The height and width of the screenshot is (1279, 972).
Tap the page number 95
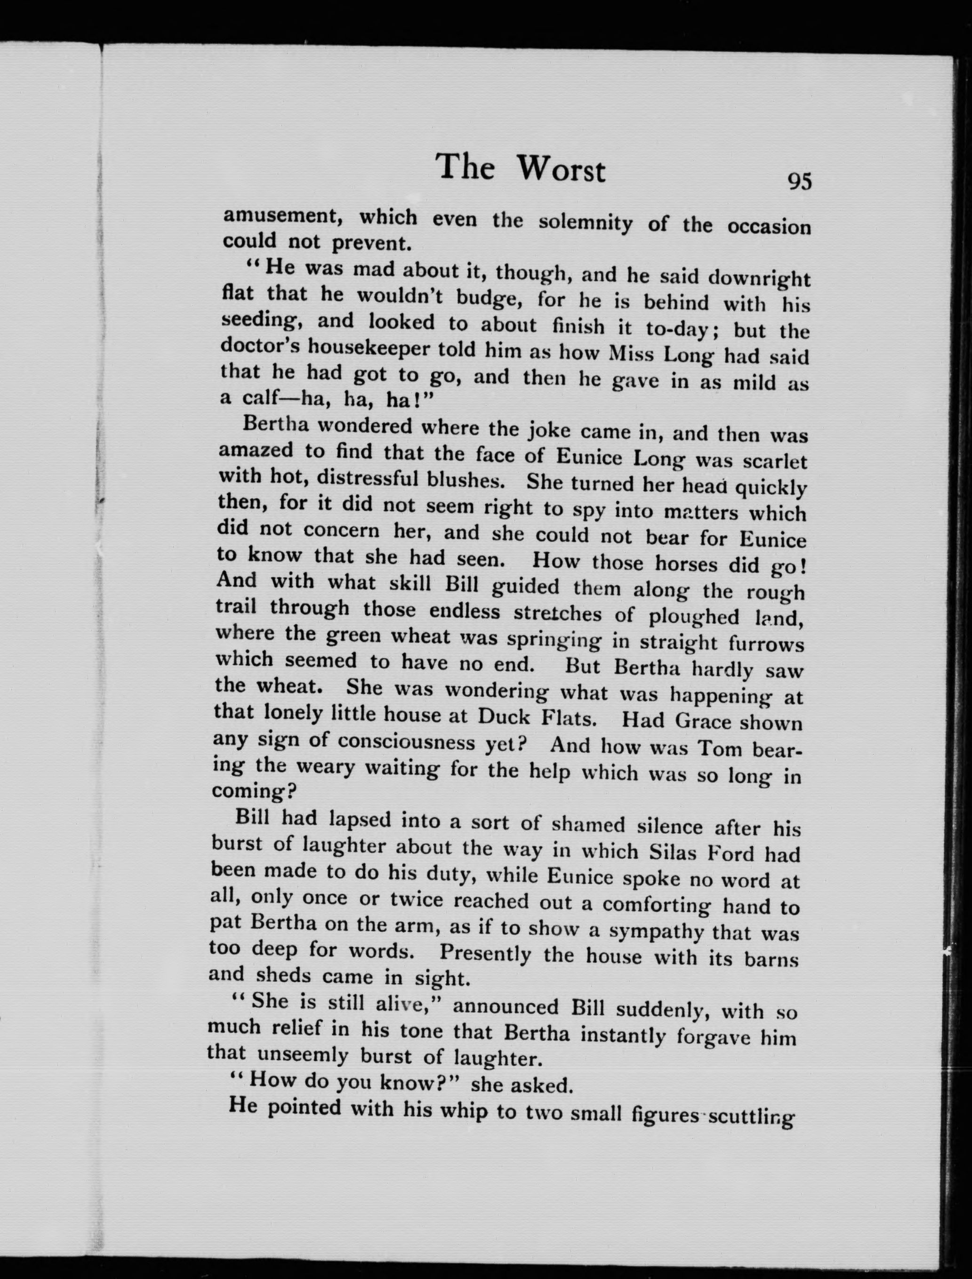pyautogui.click(x=799, y=182)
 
